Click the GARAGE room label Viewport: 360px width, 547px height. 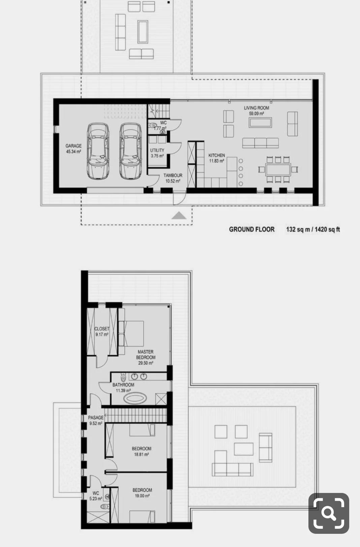pyautogui.click(x=73, y=146)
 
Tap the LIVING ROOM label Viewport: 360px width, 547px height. pyautogui.click(x=257, y=108)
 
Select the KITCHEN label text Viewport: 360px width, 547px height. pyautogui.click(x=217, y=155)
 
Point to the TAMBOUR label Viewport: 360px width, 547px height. pyautogui.click(x=173, y=175)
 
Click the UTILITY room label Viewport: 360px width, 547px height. pyautogui.click(x=157, y=150)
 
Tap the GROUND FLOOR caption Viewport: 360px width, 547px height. pyautogui.click(x=252, y=229)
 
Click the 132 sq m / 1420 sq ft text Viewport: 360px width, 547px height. pyautogui.click(x=313, y=229)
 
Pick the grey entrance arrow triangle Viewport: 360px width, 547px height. pyautogui.click(x=179, y=216)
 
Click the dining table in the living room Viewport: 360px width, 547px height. pyautogui.click(x=278, y=170)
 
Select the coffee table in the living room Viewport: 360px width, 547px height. pyautogui.click(x=260, y=123)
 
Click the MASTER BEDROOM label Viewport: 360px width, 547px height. pyautogui.click(x=146, y=355)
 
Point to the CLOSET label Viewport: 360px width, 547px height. pyautogui.click(x=102, y=329)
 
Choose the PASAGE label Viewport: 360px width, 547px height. pyautogui.click(x=96, y=418)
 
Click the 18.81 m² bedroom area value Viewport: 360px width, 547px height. pyautogui.click(x=141, y=454)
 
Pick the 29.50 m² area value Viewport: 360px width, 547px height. pyautogui.click(x=146, y=363)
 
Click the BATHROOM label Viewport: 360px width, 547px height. pyautogui.click(x=123, y=385)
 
